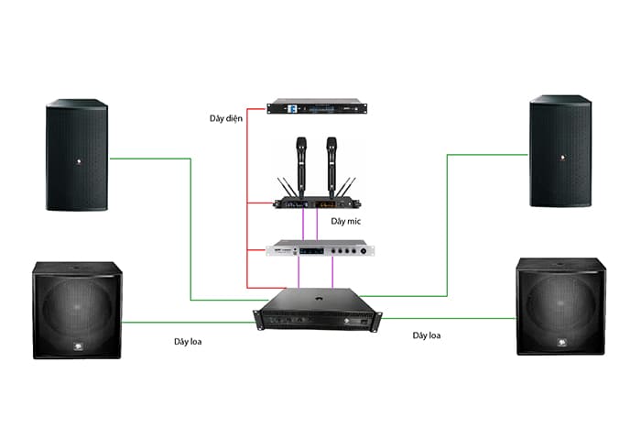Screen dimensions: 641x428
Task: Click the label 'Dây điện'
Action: (225, 118)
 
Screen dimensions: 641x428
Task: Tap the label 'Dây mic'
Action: (346, 222)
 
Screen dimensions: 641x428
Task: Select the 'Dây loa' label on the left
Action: (188, 341)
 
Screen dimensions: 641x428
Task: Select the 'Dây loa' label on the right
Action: (427, 335)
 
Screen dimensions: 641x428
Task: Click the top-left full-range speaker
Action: (77, 155)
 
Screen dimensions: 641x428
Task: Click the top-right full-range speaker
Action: (560, 151)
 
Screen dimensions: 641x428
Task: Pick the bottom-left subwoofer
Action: (77, 310)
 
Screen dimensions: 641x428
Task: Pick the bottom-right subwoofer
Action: (560, 306)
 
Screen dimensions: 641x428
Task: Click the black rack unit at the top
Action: (317, 106)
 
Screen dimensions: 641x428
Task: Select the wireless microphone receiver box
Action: (317, 203)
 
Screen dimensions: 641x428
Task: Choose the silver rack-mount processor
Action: (320, 248)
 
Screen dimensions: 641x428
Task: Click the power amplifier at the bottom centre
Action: (318, 310)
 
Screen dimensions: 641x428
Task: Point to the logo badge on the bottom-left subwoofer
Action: (78, 347)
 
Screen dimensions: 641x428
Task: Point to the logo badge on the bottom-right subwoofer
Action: (561, 343)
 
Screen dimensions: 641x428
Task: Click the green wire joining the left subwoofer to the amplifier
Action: (189, 323)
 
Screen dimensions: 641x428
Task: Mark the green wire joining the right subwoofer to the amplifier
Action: (449, 318)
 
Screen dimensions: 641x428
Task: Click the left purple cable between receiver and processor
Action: (303, 225)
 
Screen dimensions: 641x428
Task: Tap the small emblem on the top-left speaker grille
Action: (79, 161)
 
